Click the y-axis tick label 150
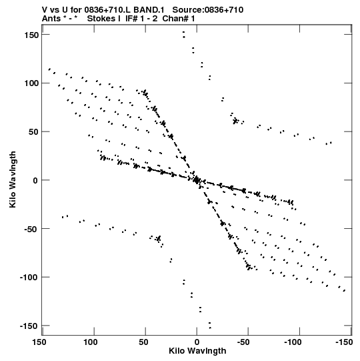click(x=31, y=35)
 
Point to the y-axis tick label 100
click(x=31, y=83)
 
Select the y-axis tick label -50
click(x=29, y=230)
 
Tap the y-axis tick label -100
click(x=29, y=278)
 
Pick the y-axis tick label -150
click(x=29, y=326)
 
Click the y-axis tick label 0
click(x=35, y=180)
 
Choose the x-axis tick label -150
click(x=344, y=342)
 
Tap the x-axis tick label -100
click(x=293, y=342)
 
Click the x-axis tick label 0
click(x=197, y=342)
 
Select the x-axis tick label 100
click(x=91, y=342)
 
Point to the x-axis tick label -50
click(x=243, y=342)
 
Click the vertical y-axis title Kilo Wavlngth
click(x=13, y=179)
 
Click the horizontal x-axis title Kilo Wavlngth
click(x=197, y=351)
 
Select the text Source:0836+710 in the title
click(x=208, y=10)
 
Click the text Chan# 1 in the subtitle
click(x=179, y=19)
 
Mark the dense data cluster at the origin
click(x=197, y=180)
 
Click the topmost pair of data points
click(x=183, y=35)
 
